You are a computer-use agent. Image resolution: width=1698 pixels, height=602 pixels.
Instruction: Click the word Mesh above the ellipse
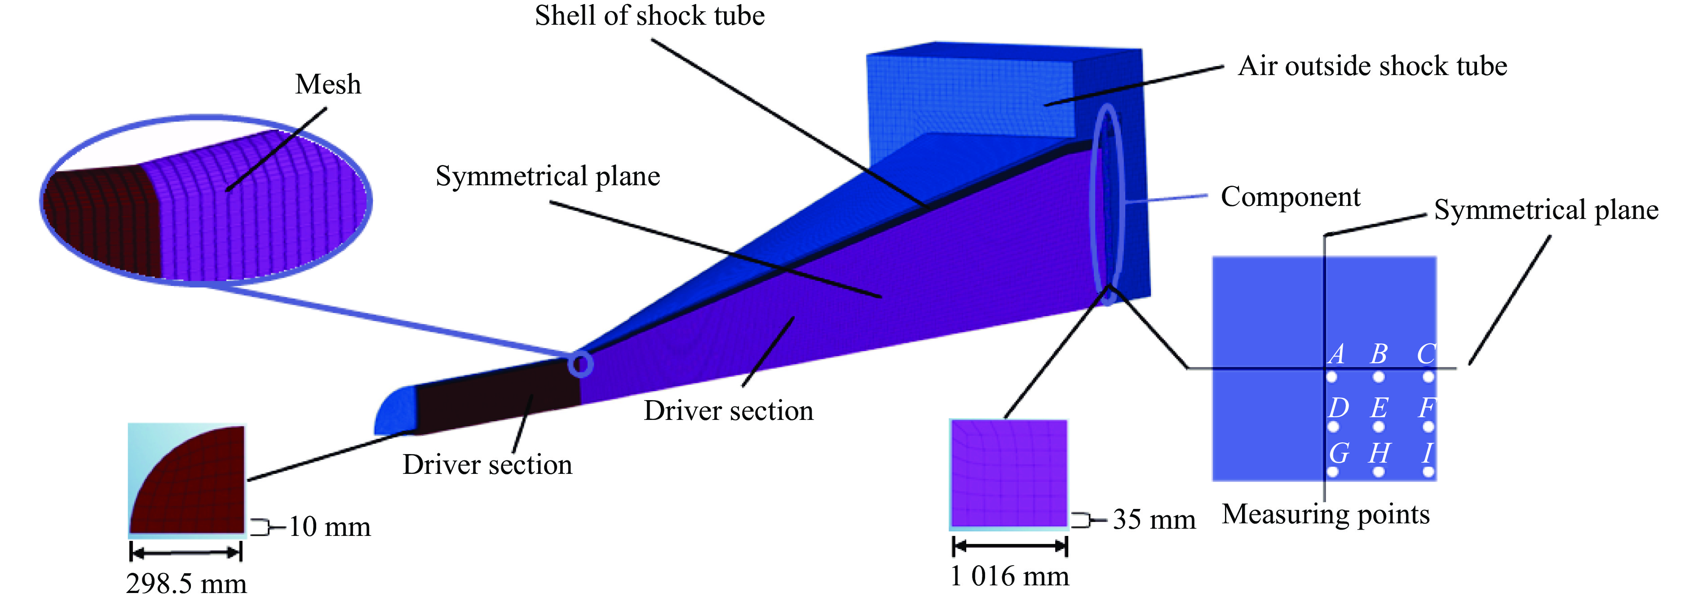click(x=327, y=85)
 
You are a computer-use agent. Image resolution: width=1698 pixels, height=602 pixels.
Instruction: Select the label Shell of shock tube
click(x=649, y=16)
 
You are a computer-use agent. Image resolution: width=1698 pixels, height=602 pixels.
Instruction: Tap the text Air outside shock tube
click(x=1372, y=66)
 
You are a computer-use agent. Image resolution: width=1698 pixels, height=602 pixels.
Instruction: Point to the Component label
click(x=1290, y=196)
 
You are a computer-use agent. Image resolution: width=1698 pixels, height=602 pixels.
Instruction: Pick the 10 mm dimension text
click(x=330, y=527)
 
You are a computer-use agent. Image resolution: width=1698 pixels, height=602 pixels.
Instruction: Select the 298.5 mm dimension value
click(x=186, y=584)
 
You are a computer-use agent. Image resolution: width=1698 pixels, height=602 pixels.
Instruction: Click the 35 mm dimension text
click(x=1154, y=520)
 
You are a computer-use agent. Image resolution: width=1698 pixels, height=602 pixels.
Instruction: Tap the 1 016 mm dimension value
click(x=1009, y=576)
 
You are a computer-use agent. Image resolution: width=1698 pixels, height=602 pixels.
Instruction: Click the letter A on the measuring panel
click(x=1336, y=354)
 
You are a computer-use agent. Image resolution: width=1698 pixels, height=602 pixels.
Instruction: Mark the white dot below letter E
click(x=1378, y=427)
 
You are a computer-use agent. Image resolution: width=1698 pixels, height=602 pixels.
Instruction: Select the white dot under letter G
click(x=1333, y=472)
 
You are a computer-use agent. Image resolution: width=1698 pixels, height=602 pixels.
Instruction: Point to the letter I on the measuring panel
click(x=1427, y=453)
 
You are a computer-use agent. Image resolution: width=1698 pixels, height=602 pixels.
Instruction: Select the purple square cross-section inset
click(x=1008, y=473)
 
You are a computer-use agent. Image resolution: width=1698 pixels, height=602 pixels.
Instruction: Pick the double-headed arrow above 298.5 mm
click(x=186, y=551)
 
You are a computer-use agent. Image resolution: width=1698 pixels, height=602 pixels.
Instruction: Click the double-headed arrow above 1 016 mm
click(x=1010, y=546)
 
